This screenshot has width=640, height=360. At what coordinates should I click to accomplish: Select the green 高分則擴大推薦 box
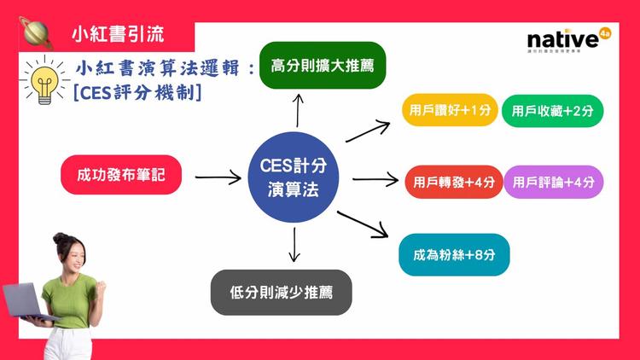(323, 65)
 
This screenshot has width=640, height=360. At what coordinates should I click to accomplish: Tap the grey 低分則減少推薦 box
(281, 293)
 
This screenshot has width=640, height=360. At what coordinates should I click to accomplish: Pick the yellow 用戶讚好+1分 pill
(449, 110)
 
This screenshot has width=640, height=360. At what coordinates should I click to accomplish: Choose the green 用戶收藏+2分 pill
(552, 111)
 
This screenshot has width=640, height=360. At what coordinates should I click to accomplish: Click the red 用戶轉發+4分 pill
(453, 182)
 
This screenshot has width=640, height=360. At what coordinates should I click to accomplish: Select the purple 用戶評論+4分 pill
(554, 182)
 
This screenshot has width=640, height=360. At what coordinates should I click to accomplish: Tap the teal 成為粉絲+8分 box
(460, 253)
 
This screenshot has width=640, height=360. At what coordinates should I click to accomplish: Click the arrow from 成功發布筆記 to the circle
(218, 178)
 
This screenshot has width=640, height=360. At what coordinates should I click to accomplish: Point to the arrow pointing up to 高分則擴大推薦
(299, 108)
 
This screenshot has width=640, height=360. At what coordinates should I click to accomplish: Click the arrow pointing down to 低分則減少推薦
(294, 244)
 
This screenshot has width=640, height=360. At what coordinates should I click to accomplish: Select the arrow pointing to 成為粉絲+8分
(364, 224)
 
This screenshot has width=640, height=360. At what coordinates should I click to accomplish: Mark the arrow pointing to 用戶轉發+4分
(376, 179)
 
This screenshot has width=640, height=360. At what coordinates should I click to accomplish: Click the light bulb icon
(43, 82)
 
